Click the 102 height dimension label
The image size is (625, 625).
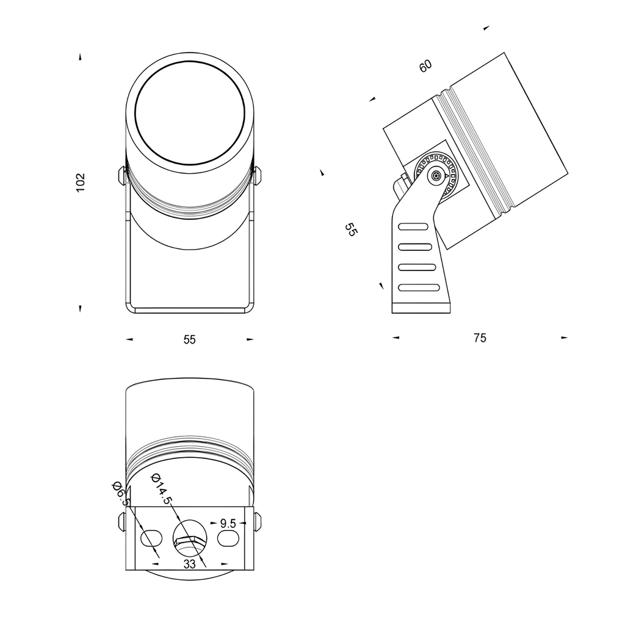click(81, 182)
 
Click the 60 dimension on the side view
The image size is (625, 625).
click(425, 66)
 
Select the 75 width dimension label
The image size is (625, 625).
click(480, 338)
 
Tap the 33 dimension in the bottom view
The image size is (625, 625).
click(190, 564)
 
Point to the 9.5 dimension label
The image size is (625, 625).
click(228, 523)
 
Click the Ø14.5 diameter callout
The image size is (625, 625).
click(161, 489)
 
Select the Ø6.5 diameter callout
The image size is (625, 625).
click(121, 493)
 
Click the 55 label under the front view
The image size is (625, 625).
click(190, 339)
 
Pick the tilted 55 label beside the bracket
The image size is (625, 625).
click(351, 229)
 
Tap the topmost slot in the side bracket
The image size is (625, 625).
click(413, 226)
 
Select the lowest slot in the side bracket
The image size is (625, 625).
click(419, 287)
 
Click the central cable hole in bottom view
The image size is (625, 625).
click(190, 538)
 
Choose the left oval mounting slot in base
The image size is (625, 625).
click(151, 538)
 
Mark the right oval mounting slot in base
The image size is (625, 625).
click(228, 538)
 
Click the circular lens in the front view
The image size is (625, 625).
click(190, 112)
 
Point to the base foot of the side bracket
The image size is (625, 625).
click(421, 308)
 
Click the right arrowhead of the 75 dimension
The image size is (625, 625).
click(565, 338)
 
